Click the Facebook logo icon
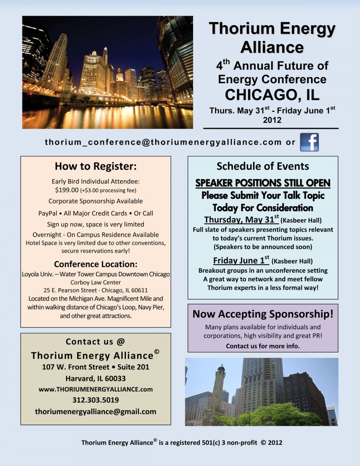pyautogui.click(x=309, y=142)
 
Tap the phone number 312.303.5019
pyautogui.click(x=96, y=400)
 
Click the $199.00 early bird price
pyautogui.click(x=67, y=190)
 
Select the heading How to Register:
pyautogui.click(x=96, y=166)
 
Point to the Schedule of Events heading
pyautogui.click(x=262, y=166)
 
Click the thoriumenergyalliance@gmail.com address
pyautogui.click(x=96, y=411)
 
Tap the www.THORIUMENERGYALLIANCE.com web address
pyautogui.click(x=96, y=389)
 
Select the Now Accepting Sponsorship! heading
pyautogui.click(x=263, y=314)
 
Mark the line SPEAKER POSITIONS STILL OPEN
pyautogui.click(x=263, y=183)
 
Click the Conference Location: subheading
pyautogui.click(x=96, y=264)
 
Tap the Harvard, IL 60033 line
pyautogui.click(x=96, y=378)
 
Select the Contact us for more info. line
pyautogui.click(x=263, y=346)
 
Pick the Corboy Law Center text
pyautogui.click(x=96, y=282)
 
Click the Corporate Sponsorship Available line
pyautogui.click(x=96, y=201)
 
